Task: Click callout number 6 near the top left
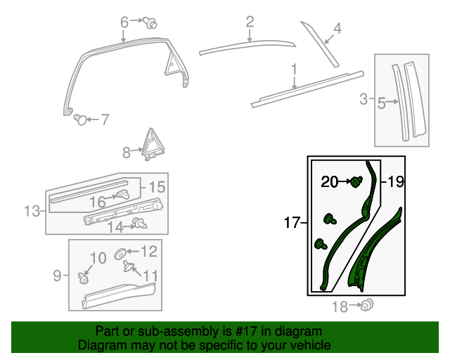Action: tap(124, 22)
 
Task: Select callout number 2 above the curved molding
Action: tap(250, 22)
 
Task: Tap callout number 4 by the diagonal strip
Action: tap(337, 29)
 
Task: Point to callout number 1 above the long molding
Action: tap(294, 69)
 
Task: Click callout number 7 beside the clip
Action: tap(105, 120)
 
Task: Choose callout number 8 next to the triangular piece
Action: tap(127, 151)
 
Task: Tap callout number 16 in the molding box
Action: tap(97, 202)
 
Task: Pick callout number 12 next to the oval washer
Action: tap(149, 251)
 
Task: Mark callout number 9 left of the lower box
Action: tap(58, 276)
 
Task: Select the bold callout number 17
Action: tap(292, 224)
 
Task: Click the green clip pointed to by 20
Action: tap(356, 183)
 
